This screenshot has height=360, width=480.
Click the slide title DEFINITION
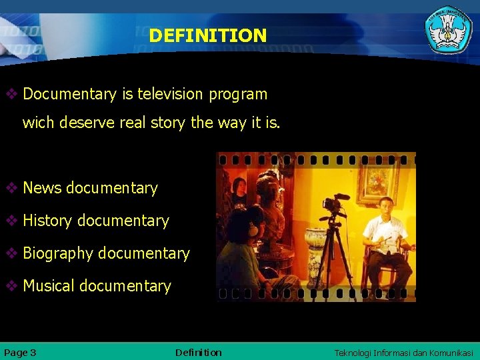(x=207, y=35)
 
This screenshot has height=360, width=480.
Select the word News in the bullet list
(x=42, y=188)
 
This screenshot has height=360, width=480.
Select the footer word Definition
(x=198, y=352)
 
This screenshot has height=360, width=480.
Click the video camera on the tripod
(x=335, y=203)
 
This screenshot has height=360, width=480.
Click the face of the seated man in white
(x=385, y=206)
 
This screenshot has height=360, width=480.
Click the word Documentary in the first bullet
(x=69, y=94)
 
